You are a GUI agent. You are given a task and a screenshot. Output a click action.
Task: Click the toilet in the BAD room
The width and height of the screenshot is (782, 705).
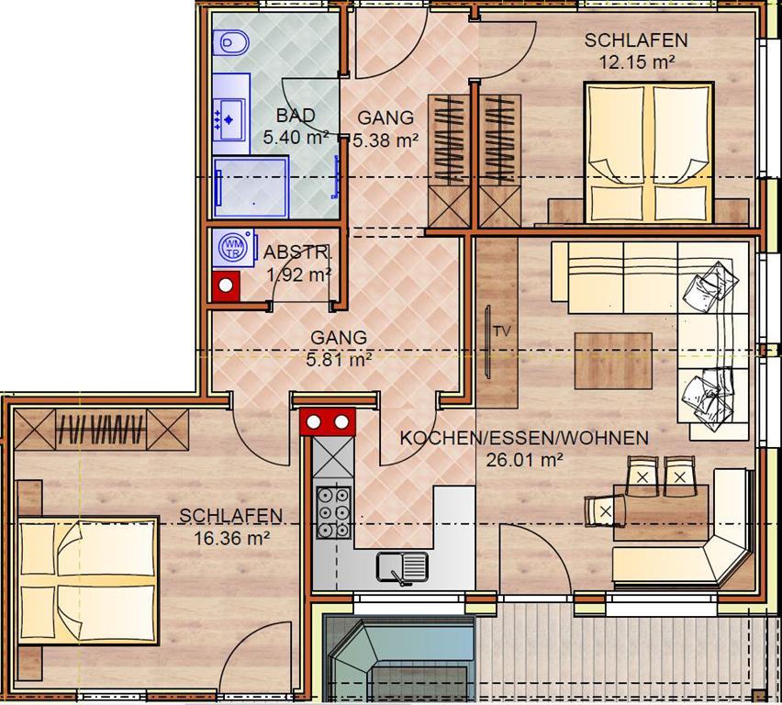[x=230, y=43]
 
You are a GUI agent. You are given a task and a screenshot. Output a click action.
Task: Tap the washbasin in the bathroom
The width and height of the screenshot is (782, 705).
[x=229, y=119]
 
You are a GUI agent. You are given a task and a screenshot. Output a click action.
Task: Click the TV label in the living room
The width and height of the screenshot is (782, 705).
[x=502, y=330]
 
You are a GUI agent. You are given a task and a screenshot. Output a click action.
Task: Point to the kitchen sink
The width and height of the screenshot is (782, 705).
[x=402, y=567]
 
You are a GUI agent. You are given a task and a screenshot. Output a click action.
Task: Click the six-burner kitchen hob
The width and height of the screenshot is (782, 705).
[x=333, y=512]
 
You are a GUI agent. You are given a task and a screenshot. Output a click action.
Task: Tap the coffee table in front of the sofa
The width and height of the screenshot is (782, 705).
[x=613, y=361]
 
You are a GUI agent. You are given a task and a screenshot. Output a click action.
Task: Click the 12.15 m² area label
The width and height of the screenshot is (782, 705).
[x=637, y=62]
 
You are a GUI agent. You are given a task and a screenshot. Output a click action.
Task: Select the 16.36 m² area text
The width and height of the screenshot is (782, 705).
[x=232, y=538]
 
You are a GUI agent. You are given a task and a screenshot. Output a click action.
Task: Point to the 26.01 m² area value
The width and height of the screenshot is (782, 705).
[x=525, y=460]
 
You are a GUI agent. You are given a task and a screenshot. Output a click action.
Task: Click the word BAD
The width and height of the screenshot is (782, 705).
[x=296, y=116]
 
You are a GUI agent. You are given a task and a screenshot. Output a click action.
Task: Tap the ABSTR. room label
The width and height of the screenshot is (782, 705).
[x=296, y=252]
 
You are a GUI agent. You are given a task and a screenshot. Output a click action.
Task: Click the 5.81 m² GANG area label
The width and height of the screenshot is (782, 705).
[x=339, y=359]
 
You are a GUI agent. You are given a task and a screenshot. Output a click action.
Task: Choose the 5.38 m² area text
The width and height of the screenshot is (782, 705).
[x=385, y=140]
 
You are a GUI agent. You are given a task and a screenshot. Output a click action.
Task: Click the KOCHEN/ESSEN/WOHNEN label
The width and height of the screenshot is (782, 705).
[x=524, y=438]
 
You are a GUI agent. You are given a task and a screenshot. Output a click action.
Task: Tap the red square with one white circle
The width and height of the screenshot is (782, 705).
[x=226, y=285]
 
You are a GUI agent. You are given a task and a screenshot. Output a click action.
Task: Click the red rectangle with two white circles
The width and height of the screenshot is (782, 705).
[x=328, y=421]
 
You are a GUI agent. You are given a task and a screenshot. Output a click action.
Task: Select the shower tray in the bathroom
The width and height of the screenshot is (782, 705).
[x=251, y=186]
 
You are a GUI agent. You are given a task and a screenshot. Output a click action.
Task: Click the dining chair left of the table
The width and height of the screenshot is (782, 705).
[x=605, y=510]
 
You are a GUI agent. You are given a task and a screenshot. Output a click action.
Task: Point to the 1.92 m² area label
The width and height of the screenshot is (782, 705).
[x=299, y=274]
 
